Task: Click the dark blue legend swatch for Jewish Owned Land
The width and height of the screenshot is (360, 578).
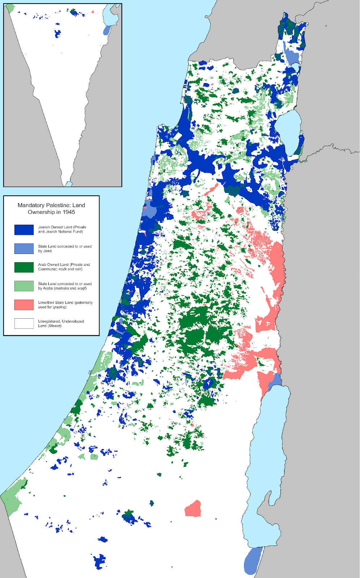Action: tap(24, 230)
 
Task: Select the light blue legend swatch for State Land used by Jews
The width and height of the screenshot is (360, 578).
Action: tap(24, 249)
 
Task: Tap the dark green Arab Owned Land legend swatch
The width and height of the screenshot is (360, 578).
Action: tap(24, 267)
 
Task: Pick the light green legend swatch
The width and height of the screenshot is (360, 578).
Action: tap(24, 286)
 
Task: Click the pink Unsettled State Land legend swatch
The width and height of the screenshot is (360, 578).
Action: tap(24, 305)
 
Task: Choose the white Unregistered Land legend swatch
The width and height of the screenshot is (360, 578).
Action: tap(24, 323)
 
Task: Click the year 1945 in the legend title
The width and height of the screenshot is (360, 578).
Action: tap(68, 212)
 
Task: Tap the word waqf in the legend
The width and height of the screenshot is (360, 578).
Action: tap(81, 288)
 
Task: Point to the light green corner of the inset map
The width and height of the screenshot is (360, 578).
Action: tap(10, 7)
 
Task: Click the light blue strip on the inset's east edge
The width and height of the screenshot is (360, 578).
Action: tap(107, 30)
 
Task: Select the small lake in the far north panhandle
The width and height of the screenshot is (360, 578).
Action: tap(296, 67)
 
